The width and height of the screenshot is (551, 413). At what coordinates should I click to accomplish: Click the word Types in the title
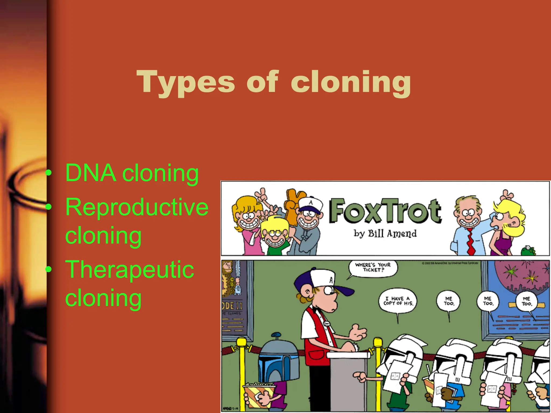click(x=186, y=82)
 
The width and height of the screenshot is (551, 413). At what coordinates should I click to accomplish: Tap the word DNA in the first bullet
click(x=91, y=173)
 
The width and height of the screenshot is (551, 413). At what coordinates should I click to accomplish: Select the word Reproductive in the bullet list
click(x=137, y=207)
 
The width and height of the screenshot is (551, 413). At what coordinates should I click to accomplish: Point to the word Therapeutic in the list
click(x=129, y=269)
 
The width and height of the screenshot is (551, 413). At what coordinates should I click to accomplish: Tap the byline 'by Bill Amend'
click(x=385, y=233)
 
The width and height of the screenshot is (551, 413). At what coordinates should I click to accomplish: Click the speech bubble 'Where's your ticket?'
click(x=373, y=268)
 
